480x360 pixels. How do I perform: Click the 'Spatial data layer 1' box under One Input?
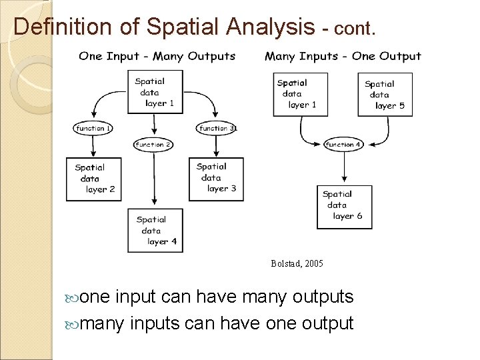point(155,91)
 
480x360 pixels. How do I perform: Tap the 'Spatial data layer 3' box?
point(216,178)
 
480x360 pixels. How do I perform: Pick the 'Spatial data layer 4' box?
point(155,231)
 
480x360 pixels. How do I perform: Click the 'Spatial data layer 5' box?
point(388,95)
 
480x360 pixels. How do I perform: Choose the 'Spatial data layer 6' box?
point(344,206)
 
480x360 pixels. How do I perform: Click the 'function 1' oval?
point(93,128)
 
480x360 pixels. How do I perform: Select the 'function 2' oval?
point(154,144)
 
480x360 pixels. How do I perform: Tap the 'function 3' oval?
point(216,128)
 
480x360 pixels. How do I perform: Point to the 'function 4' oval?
point(343,144)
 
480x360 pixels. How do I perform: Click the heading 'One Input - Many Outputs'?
point(157,56)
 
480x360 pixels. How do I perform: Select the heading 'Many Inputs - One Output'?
point(343,56)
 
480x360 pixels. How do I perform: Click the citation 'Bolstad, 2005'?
point(297,264)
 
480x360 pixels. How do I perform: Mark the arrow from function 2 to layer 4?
point(154,179)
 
